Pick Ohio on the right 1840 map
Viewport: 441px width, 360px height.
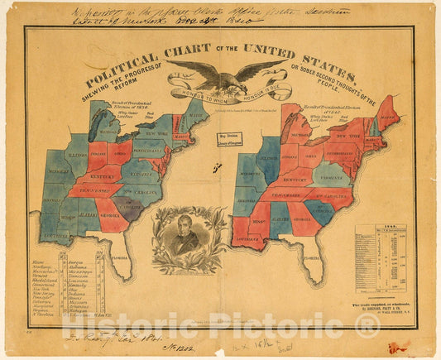[311, 156]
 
